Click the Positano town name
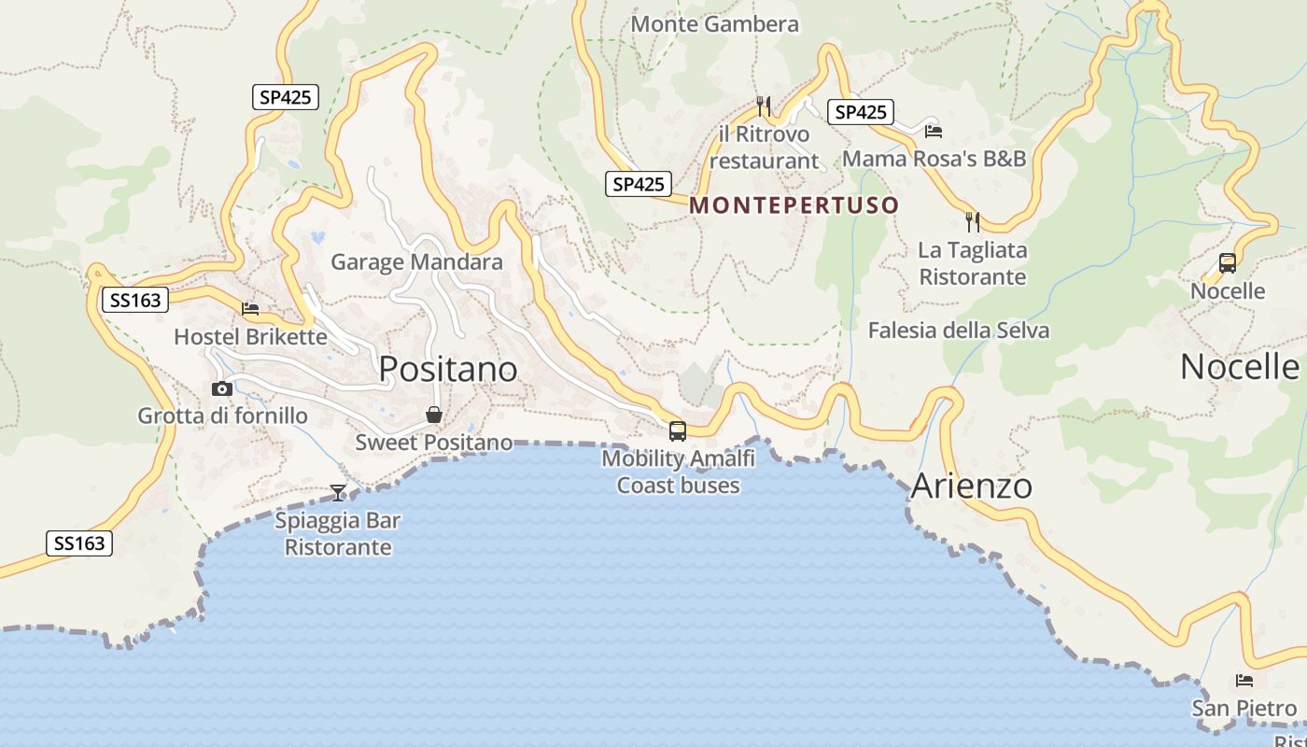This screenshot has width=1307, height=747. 448,370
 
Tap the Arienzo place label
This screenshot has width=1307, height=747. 971,486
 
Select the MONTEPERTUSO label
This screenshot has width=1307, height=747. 794,205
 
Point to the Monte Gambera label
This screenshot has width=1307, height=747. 715,24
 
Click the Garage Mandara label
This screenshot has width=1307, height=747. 416,262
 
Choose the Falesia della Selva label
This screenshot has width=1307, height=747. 958,331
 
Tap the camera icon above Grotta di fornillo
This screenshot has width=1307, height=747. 221,388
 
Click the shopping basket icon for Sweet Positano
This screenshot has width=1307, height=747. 434,415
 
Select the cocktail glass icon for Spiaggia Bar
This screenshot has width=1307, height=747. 338,492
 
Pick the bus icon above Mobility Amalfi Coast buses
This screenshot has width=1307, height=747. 678,431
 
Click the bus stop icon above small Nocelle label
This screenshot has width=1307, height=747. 1227,263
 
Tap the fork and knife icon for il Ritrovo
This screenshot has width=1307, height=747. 764,106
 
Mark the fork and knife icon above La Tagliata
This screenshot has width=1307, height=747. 972,221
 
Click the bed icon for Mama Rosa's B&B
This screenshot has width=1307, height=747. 933,131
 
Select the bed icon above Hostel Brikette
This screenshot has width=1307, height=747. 249,308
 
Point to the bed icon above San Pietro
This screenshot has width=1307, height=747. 1244,681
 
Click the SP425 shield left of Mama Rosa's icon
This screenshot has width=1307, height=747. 860,112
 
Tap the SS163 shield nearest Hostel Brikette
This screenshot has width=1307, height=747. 135,300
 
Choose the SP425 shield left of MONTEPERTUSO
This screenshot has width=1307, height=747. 639,184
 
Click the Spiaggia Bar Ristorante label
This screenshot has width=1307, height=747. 337,534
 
